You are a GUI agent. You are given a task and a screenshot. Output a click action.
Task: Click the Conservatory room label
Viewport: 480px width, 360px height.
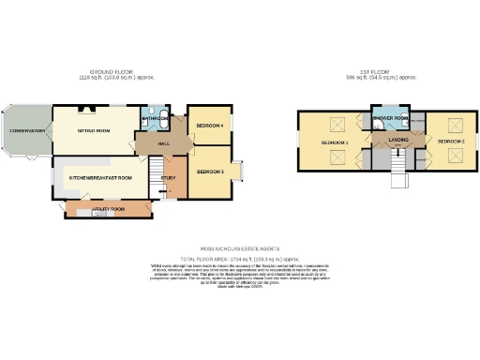pos(28,131)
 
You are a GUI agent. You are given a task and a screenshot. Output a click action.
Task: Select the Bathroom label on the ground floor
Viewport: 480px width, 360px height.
pos(154,120)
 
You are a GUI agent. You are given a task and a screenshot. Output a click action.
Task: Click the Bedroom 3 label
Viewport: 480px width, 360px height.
pos(210,172)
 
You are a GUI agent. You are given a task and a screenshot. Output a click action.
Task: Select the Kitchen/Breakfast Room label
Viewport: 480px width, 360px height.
pos(100,177)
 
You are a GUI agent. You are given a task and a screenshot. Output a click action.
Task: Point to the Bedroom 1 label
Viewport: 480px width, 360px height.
pos(335,142)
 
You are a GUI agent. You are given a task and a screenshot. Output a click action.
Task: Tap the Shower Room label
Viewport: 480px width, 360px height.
pos(389,118)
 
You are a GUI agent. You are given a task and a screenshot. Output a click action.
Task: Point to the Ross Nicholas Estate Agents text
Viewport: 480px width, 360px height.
pos(241,248)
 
